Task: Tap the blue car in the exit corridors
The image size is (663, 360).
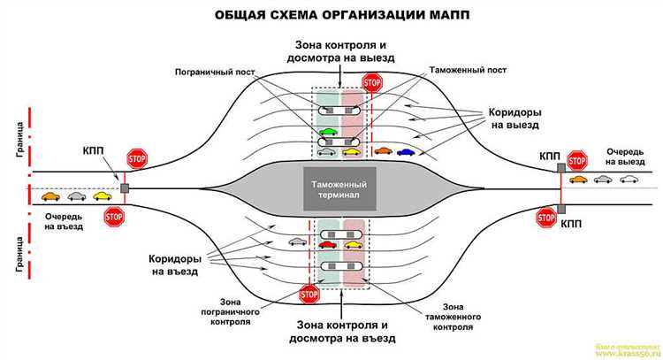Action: (406, 151)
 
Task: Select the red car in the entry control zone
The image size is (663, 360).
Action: (327, 244)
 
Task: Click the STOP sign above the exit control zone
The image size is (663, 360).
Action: (372, 84)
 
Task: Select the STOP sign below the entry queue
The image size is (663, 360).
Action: (114, 217)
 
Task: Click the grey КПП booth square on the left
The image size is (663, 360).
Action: (125, 188)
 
